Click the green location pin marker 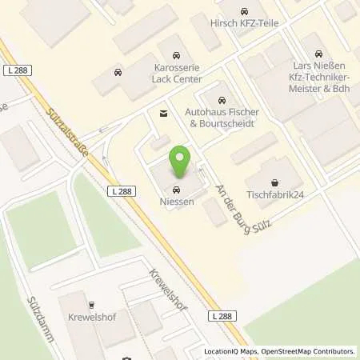click(x=183, y=162)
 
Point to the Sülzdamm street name click(x=42, y=314)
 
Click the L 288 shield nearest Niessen click(x=118, y=191)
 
